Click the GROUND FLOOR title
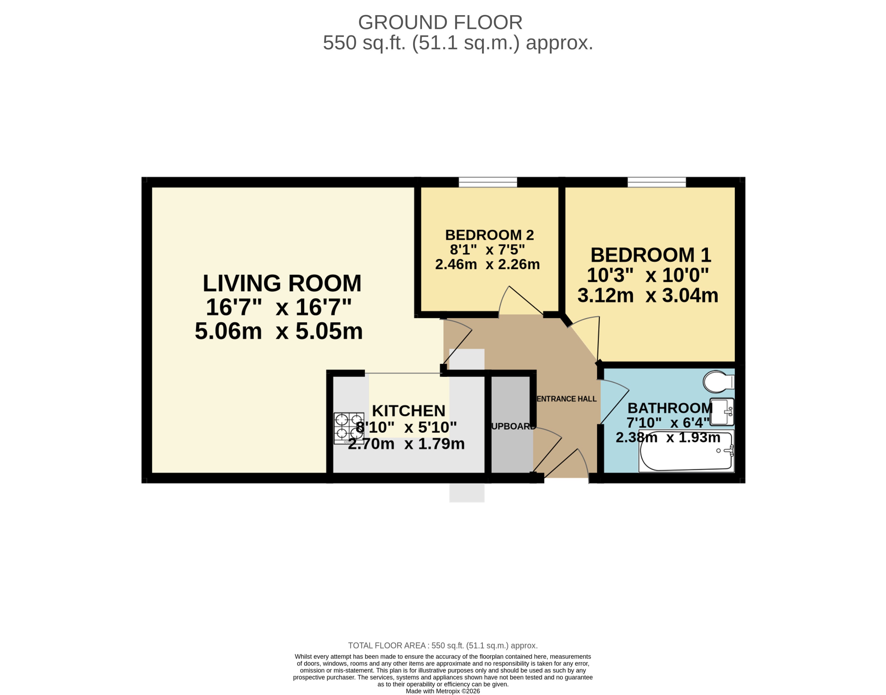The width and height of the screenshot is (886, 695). (x=440, y=22)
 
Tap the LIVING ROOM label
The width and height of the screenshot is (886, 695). (x=282, y=283)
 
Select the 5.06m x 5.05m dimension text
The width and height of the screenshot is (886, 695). (x=279, y=331)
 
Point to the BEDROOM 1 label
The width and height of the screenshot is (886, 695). (x=651, y=255)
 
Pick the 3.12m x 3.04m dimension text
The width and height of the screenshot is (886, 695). (x=648, y=295)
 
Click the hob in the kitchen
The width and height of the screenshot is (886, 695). (x=349, y=428)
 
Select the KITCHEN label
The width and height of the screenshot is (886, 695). (x=408, y=411)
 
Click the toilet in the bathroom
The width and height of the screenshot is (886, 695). (x=718, y=381)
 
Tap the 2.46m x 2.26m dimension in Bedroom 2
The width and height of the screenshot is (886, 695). (x=487, y=264)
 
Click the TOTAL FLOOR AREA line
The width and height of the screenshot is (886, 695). (x=443, y=645)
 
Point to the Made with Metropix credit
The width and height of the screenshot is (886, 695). (x=443, y=691)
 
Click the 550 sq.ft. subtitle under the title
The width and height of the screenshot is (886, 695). (x=458, y=43)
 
